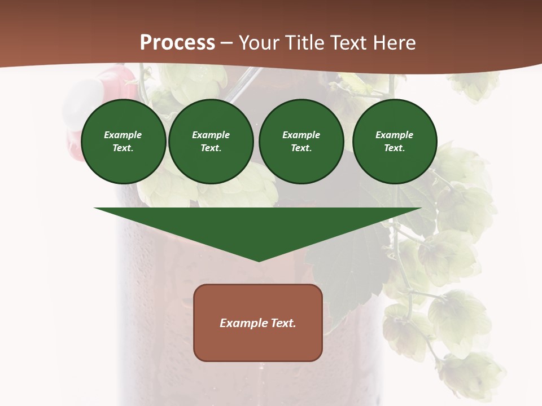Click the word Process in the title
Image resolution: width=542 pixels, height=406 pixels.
(177, 43)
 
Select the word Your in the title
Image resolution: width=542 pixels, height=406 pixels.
(260, 43)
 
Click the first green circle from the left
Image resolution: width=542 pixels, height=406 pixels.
(123, 142)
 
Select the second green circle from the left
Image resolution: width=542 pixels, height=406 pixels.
(211, 142)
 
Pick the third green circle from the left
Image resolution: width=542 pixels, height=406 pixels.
(301, 142)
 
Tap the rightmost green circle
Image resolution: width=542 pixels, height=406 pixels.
(395, 142)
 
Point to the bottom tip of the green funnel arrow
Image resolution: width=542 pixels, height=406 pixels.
(259, 261)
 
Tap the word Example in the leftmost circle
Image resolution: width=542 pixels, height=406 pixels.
(123, 135)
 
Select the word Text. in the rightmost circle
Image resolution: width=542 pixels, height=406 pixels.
(395, 148)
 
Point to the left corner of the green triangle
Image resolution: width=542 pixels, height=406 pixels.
(95, 209)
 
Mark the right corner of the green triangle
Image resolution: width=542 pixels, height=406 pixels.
(421, 209)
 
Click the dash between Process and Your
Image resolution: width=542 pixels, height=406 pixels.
(227, 43)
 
